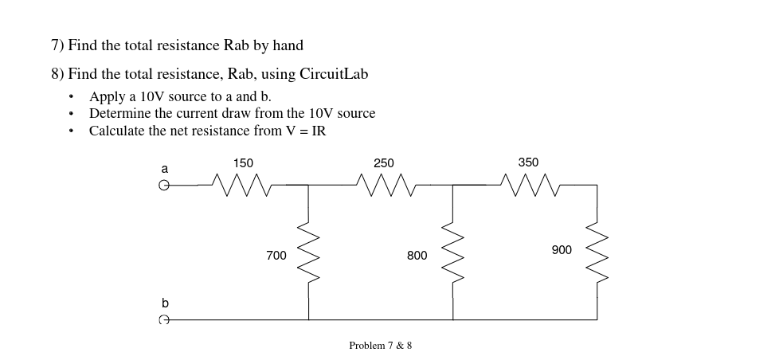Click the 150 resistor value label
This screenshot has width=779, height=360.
click(x=243, y=163)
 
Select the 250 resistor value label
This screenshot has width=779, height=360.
click(x=384, y=163)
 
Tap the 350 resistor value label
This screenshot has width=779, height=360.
click(x=528, y=162)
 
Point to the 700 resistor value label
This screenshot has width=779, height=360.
click(x=276, y=256)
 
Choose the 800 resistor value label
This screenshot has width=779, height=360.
click(x=417, y=256)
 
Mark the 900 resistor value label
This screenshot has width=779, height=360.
click(x=562, y=250)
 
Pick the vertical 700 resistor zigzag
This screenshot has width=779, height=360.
click(x=309, y=253)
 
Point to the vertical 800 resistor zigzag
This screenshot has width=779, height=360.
click(x=453, y=253)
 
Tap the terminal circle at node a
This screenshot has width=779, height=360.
click(x=164, y=186)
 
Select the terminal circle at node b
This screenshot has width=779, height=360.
click(x=164, y=320)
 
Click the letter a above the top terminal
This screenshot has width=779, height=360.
click(x=165, y=169)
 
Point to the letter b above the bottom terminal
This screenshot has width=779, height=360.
click(x=165, y=303)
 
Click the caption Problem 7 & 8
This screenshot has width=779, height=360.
click(x=380, y=346)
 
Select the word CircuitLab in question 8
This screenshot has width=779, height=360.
click(x=334, y=74)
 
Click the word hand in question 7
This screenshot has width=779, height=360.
click(x=288, y=45)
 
